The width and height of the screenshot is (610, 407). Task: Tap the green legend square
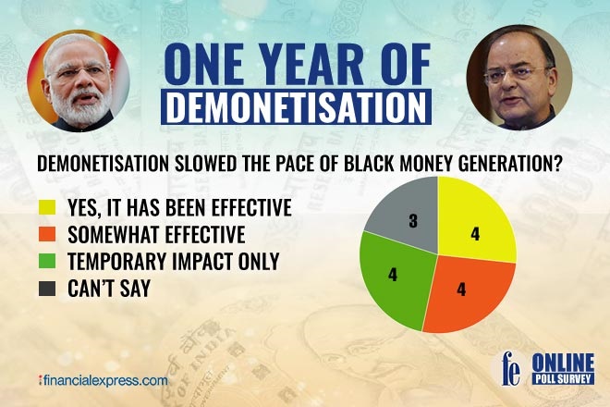pos(45,262)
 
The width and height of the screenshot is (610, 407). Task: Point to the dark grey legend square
pos(45,289)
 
